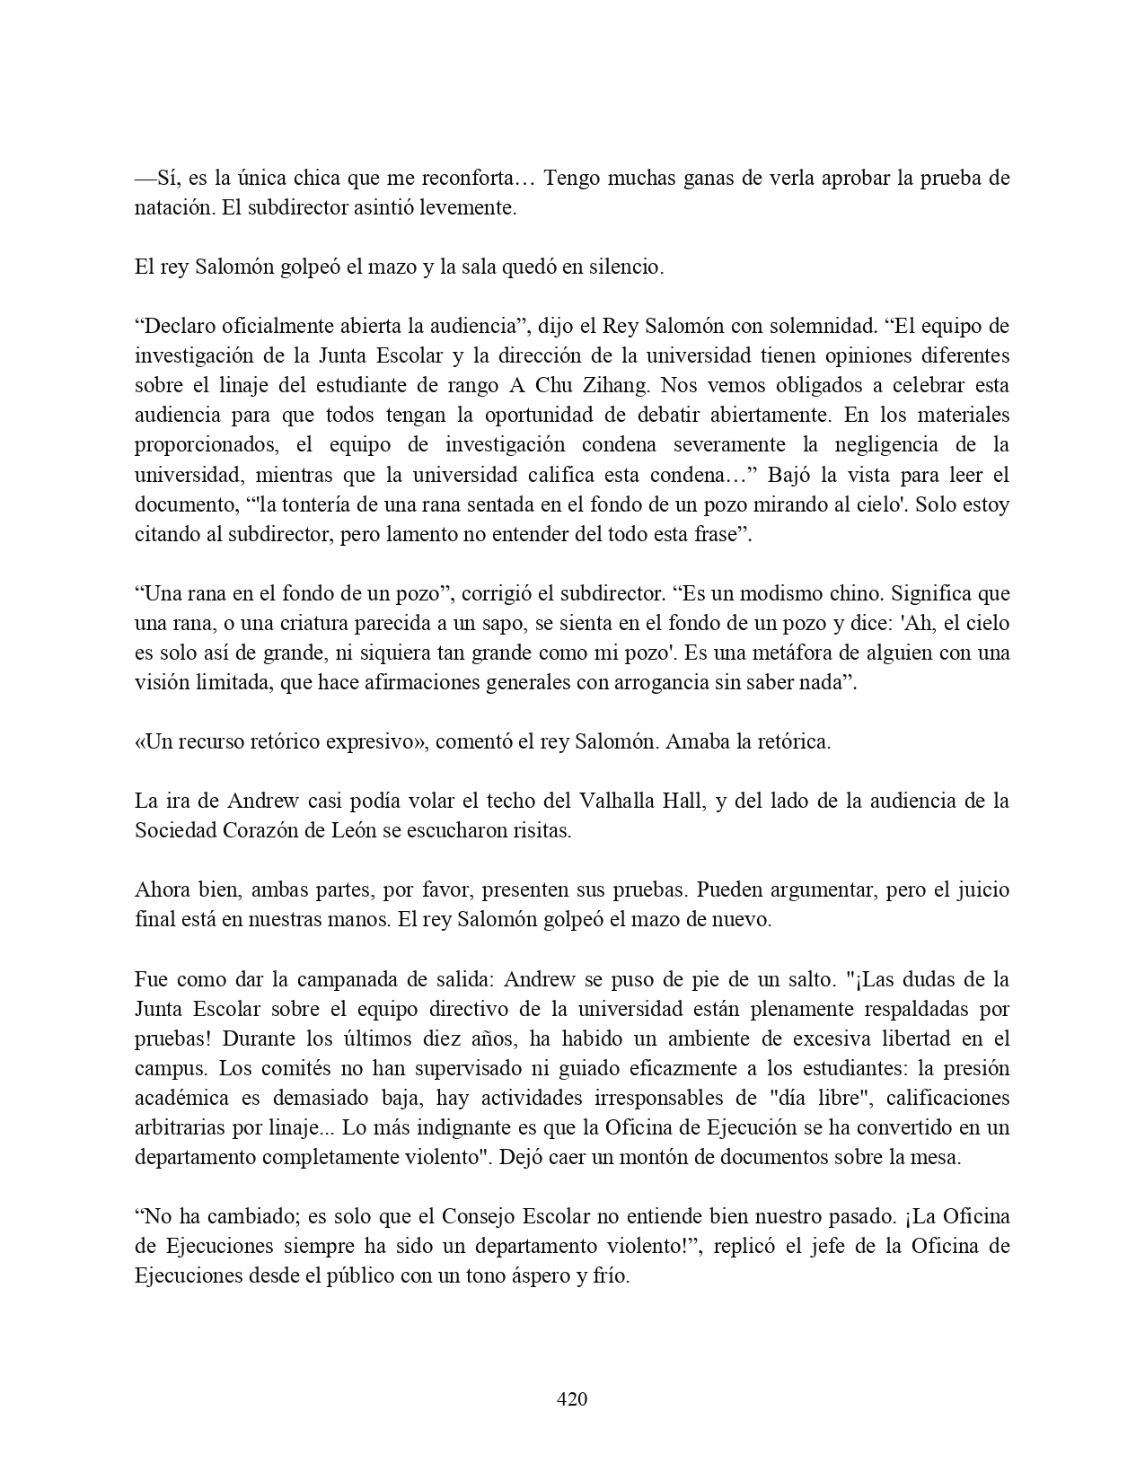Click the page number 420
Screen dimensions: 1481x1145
click(572, 1398)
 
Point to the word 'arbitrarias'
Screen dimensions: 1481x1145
click(178, 1127)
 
